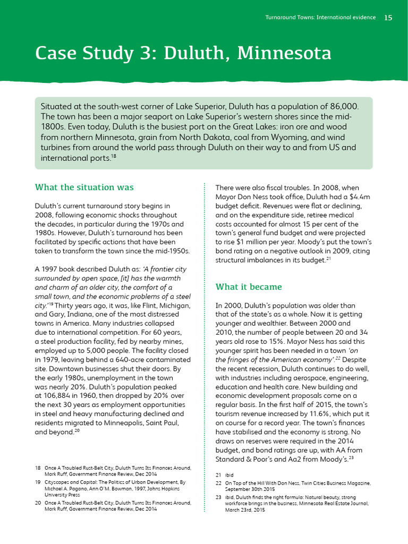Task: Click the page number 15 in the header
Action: point(388,18)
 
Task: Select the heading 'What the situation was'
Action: point(84,187)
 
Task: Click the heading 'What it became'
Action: point(249,287)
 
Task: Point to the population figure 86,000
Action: point(341,106)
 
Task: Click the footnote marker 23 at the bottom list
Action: point(218,498)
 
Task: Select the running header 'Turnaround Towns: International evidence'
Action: point(320,18)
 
